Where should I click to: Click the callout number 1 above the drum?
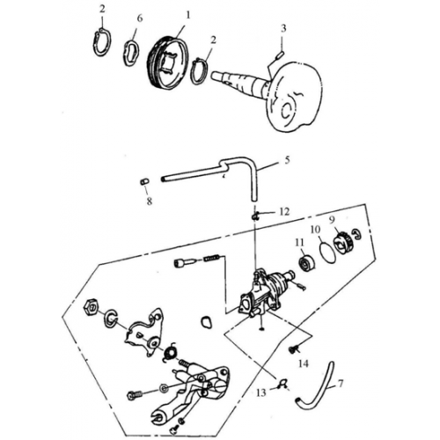click(x=186, y=16)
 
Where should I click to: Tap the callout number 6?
click(x=139, y=18)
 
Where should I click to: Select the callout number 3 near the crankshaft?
click(x=283, y=28)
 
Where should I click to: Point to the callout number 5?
click(x=287, y=161)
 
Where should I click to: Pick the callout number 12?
click(x=283, y=211)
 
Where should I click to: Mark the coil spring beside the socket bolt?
click(x=211, y=259)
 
